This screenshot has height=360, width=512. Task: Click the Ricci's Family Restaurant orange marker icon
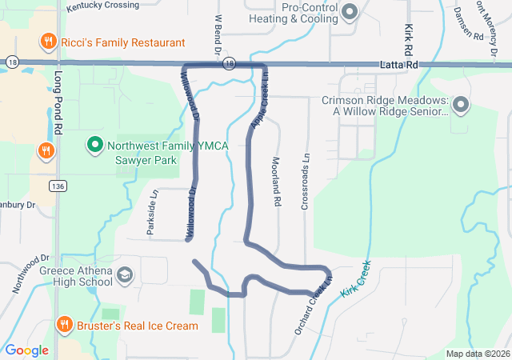(x=48, y=42)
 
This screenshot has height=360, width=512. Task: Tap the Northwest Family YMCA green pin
(x=94, y=145)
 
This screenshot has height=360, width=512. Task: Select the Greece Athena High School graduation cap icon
(x=125, y=276)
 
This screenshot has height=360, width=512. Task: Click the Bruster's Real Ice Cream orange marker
(x=65, y=325)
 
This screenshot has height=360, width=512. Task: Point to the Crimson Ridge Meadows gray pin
(x=461, y=105)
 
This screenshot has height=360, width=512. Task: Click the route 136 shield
(x=57, y=186)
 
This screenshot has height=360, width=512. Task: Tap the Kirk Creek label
(x=356, y=279)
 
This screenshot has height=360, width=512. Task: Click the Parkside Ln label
(x=152, y=212)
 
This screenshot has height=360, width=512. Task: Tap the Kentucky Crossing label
(x=102, y=6)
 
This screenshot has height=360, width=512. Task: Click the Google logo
(x=26, y=350)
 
